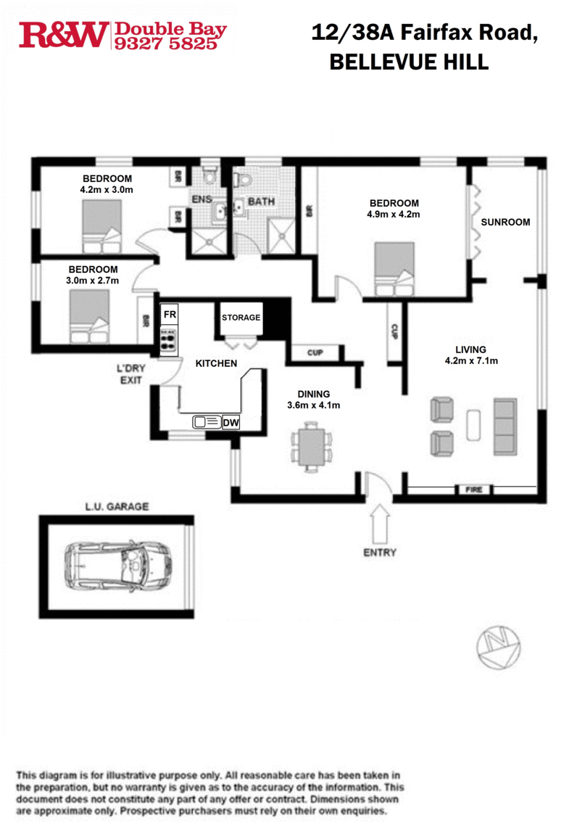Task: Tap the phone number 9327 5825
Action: click(165, 44)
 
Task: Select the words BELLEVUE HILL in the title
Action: click(409, 63)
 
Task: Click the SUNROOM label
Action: click(505, 222)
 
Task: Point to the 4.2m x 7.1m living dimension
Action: click(470, 360)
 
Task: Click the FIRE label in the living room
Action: click(473, 490)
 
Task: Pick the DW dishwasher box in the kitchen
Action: click(231, 422)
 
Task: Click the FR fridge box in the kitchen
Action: click(168, 315)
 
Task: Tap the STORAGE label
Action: click(241, 318)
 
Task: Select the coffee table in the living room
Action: click(473, 425)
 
